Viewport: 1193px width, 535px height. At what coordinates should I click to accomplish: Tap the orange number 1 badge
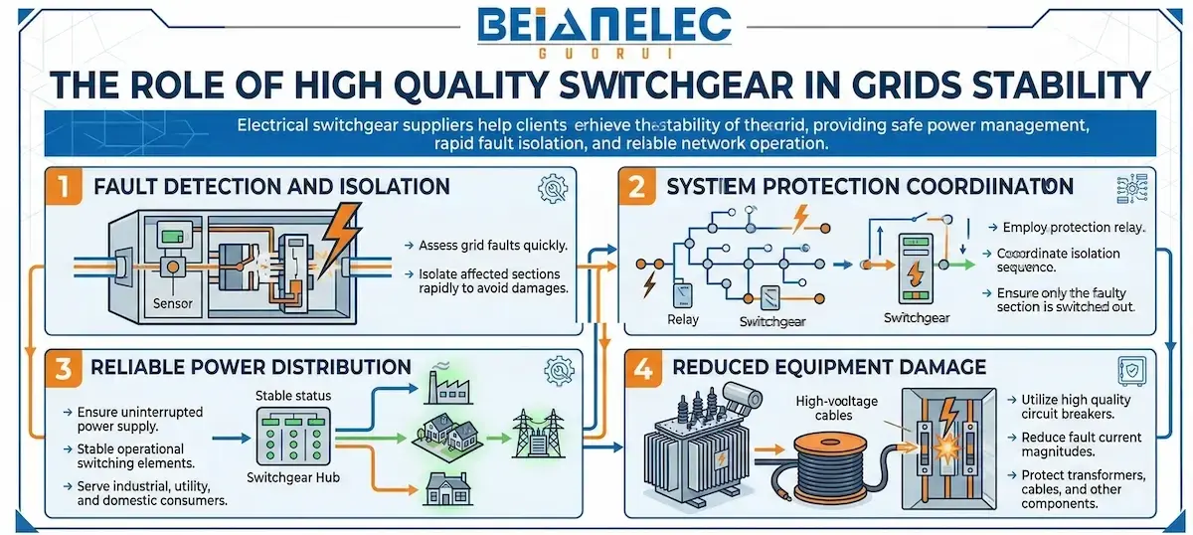point(62,186)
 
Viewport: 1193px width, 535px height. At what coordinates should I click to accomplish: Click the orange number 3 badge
point(62,367)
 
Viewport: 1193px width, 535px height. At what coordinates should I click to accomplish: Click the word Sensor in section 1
point(172,302)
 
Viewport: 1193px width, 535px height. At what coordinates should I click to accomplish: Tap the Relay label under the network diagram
point(683,319)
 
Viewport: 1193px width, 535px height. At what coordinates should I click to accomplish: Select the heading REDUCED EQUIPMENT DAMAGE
point(830,367)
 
